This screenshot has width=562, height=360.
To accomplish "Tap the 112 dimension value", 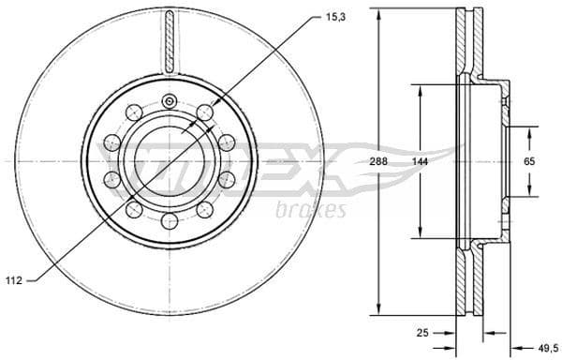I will tap(14, 278).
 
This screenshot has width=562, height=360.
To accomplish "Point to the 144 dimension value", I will tap(421, 161).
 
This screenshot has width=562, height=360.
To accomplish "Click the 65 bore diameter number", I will tap(529, 162).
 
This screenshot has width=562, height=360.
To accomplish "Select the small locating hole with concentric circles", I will tap(169, 102).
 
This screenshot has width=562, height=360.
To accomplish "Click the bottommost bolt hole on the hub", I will tap(169, 221).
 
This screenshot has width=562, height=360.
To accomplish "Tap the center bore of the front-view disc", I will tap(169, 161).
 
